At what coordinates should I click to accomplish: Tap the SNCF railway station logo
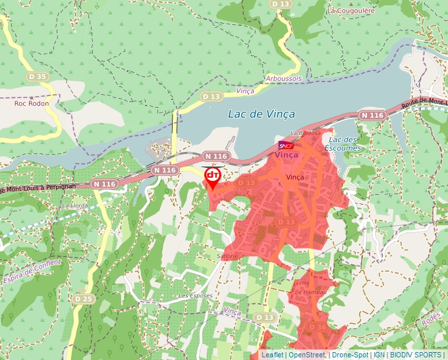[286, 145]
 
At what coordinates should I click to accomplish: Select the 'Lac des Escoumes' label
[343, 143]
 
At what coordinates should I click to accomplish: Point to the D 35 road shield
[38, 77]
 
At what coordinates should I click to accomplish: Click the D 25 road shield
[83, 299]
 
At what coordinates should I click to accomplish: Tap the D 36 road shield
[317, 326]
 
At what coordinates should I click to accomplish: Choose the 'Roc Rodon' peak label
[32, 103]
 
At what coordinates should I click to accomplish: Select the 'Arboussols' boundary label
[283, 78]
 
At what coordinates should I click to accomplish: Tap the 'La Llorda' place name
[74, 205]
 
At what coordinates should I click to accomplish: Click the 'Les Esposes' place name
[196, 296]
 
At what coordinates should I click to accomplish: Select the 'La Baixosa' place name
[309, 132]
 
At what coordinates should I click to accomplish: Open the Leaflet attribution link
[272, 355]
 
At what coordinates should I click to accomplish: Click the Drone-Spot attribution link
[349, 355]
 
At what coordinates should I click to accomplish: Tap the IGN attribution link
[379, 355]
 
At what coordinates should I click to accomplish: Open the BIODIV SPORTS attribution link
[416, 355]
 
